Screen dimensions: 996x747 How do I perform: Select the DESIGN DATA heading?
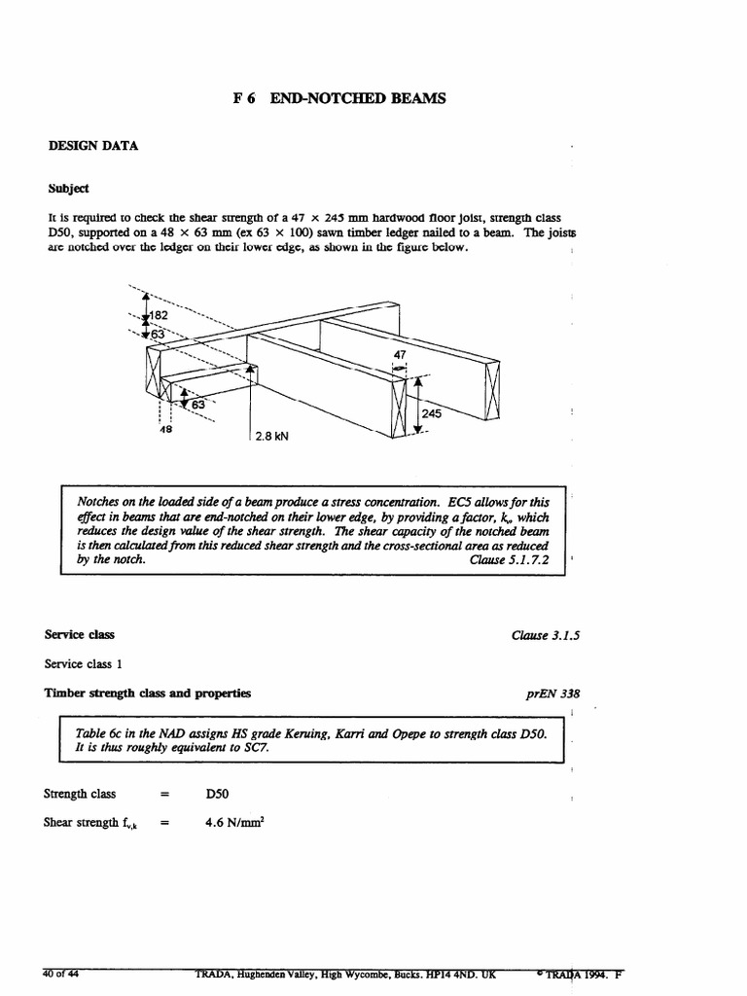click(93, 146)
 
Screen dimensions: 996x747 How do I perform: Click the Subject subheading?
click(66, 188)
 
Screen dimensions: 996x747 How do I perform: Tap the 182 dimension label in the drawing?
click(159, 316)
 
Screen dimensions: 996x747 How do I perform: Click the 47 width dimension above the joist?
click(400, 355)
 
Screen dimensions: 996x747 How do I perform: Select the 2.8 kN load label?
click(272, 437)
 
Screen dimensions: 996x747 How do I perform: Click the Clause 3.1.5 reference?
click(546, 635)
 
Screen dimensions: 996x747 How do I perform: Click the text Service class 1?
click(86, 664)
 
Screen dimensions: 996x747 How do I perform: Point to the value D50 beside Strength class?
click(217, 794)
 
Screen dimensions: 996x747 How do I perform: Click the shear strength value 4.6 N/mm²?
click(234, 822)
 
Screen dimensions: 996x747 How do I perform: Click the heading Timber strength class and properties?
click(148, 694)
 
